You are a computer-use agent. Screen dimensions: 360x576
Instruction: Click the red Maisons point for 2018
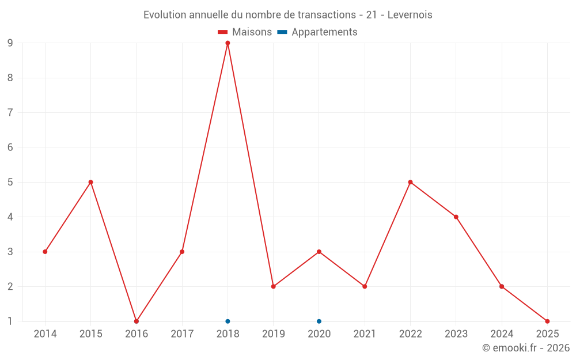click(x=228, y=43)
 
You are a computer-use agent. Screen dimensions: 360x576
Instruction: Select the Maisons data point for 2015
click(x=90, y=182)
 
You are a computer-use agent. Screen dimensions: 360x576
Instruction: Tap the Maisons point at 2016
click(x=137, y=321)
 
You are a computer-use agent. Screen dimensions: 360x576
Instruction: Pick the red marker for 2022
click(x=410, y=182)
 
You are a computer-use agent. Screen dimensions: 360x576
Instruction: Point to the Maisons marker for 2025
click(x=547, y=321)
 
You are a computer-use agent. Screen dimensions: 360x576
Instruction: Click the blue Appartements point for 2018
click(x=228, y=321)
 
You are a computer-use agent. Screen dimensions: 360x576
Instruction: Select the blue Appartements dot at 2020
click(x=319, y=321)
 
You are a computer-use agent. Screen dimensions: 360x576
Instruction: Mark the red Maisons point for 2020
click(x=319, y=252)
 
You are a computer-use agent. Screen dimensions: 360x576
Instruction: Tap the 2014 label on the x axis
click(x=45, y=334)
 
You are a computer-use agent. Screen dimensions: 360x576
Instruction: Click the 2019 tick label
click(x=274, y=334)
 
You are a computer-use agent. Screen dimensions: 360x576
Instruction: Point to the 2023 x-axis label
click(x=456, y=334)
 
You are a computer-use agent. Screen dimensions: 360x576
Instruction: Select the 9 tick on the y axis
click(x=10, y=43)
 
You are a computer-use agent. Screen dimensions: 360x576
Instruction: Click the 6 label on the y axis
click(x=10, y=147)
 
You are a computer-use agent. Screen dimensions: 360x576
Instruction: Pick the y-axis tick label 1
click(x=10, y=321)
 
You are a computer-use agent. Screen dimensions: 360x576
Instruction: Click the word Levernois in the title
click(x=410, y=15)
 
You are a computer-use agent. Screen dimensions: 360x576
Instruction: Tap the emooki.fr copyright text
click(x=526, y=348)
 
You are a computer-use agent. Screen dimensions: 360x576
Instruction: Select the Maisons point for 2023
click(x=456, y=217)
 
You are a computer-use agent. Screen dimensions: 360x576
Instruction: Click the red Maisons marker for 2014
click(x=45, y=252)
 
